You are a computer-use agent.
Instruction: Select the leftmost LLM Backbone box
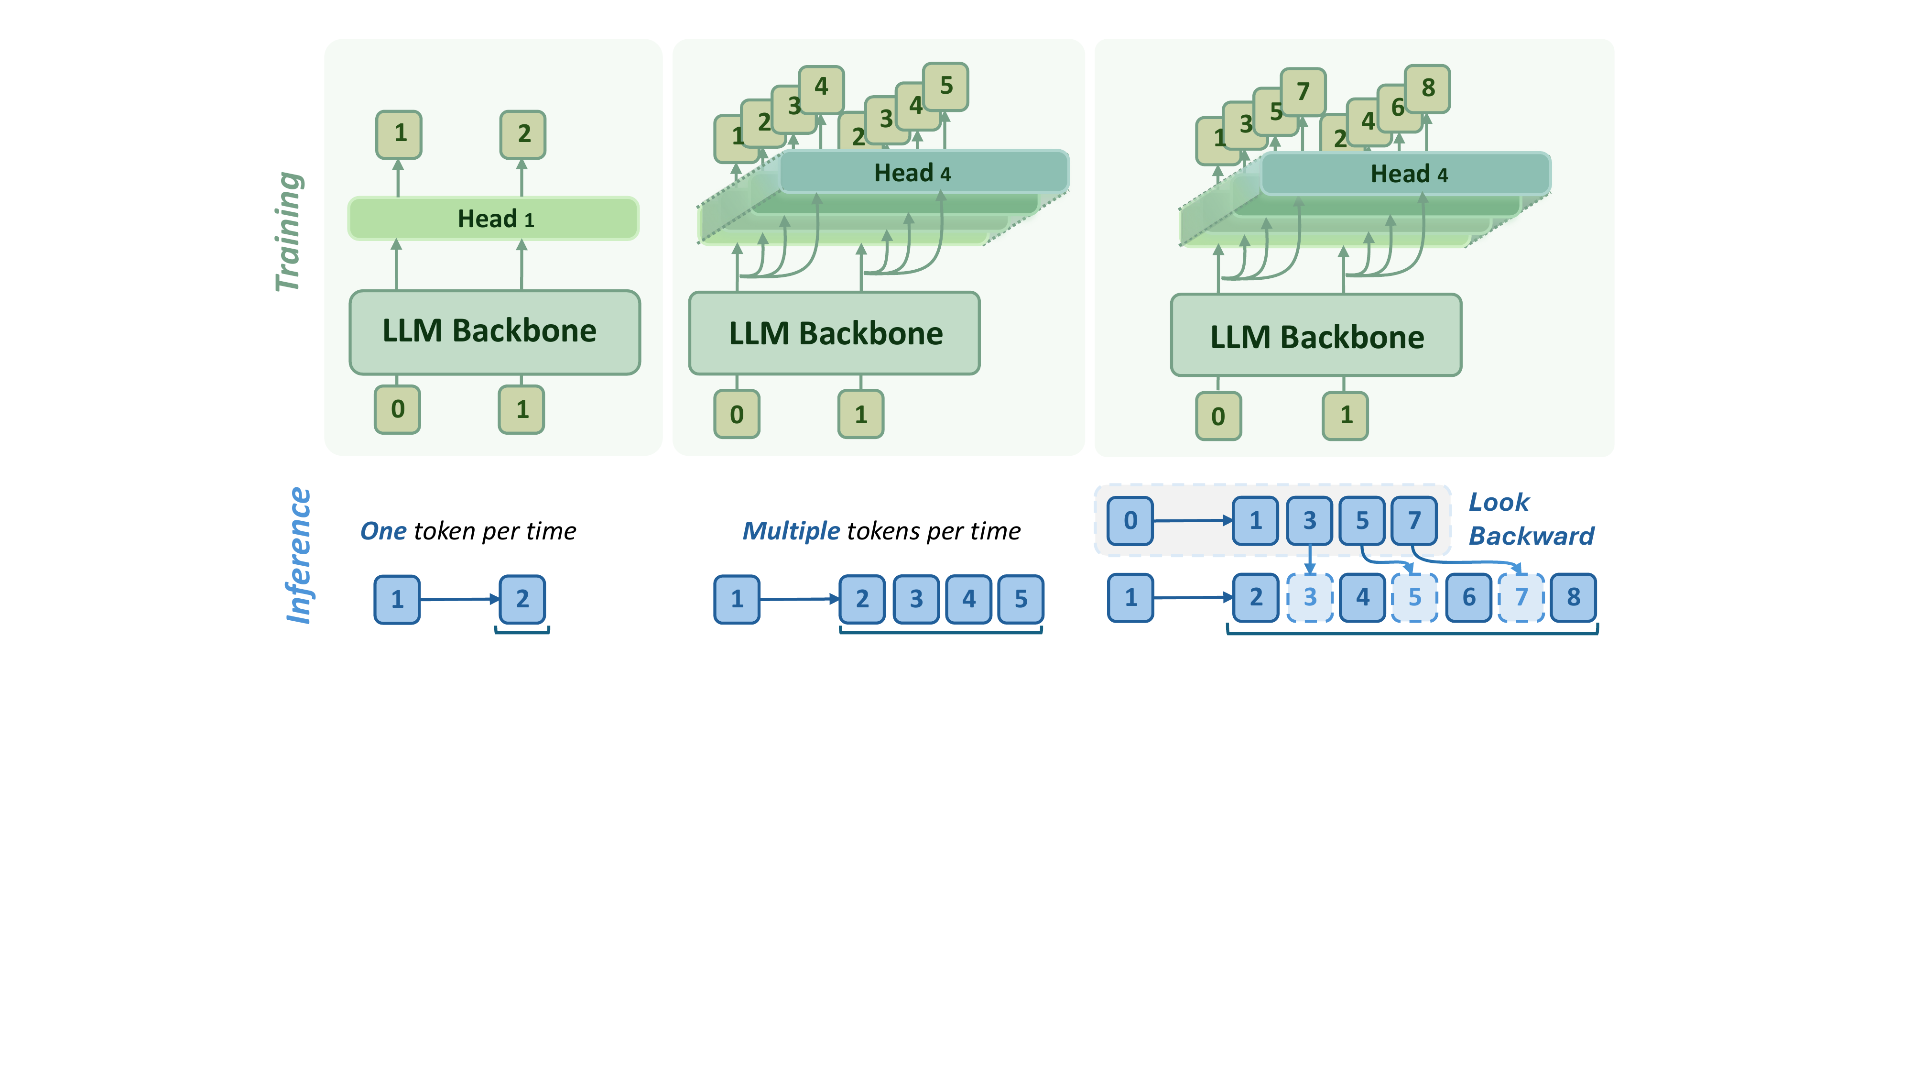tap(494, 332)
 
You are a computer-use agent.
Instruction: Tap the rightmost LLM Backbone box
tap(1316, 336)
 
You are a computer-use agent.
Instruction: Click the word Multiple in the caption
tap(791, 531)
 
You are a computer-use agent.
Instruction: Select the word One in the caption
tap(383, 531)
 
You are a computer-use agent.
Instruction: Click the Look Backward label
tap(1531, 519)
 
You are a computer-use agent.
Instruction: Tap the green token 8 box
tap(1427, 88)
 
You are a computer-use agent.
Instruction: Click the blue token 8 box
tap(1573, 597)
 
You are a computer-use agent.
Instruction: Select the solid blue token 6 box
tap(1468, 597)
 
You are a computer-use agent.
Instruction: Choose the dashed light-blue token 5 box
tap(1415, 597)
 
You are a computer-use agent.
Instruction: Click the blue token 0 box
tap(1130, 521)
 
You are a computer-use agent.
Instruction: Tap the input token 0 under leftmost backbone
tap(398, 409)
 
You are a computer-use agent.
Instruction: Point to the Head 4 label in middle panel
tap(912, 173)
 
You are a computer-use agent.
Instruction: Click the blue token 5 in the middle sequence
tap(1021, 599)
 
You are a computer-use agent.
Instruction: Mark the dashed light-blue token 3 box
tap(1310, 597)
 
